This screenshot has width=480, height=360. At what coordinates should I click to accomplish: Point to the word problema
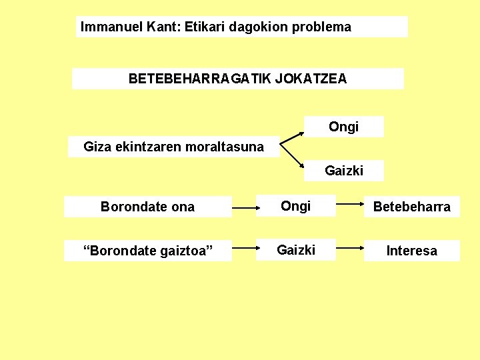tap(323, 27)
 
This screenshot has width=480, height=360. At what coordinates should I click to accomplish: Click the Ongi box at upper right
tap(344, 127)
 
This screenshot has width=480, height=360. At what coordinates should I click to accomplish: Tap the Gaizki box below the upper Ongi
tap(344, 171)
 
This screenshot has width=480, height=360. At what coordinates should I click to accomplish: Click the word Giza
tap(96, 146)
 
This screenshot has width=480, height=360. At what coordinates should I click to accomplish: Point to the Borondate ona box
tap(147, 207)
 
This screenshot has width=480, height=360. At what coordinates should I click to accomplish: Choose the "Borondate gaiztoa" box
tap(147, 251)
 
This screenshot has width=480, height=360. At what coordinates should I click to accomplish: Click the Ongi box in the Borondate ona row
tap(295, 206)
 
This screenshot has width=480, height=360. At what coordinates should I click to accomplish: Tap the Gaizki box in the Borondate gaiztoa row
tap(295, 250)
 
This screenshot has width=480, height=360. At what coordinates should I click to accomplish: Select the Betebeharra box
tap(411, 207)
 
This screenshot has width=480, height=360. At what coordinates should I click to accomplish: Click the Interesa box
tap(411, 251)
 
